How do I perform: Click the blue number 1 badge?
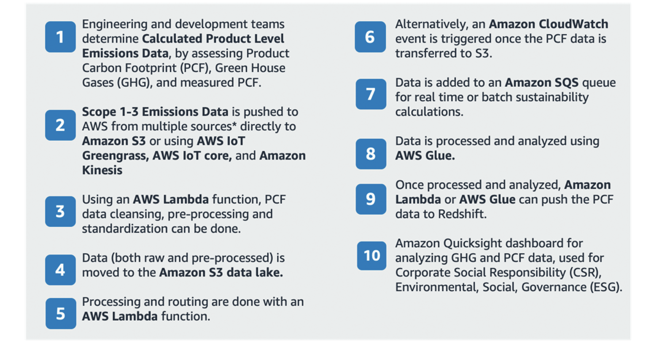60,37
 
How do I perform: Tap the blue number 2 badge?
60,125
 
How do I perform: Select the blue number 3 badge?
60,212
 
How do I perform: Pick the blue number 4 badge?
60,270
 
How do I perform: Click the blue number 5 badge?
61,314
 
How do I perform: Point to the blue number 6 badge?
370,37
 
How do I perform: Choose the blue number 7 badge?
371,94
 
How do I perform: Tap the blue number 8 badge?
371,154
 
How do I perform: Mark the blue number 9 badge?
371,199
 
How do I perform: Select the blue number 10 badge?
372,256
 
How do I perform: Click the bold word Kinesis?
102,170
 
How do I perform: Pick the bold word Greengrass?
115,156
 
